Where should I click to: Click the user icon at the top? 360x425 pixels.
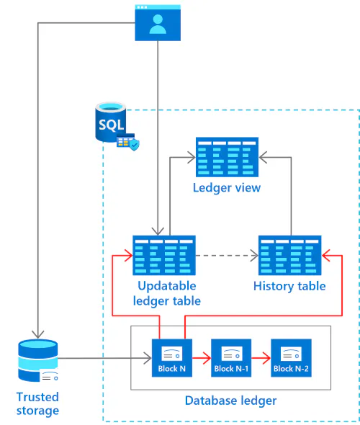(158, 23)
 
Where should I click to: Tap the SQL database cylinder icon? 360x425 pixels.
(110, 122)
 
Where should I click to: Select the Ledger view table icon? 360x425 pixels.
(227, 157)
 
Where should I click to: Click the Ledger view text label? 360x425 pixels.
(227, 187)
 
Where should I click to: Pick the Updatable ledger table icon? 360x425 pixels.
(164, 255)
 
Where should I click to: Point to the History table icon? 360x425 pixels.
(290, 255)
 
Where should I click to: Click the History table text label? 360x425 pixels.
(289, 286)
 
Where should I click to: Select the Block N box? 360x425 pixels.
(172, 358)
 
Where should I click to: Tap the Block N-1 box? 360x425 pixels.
(231, 358)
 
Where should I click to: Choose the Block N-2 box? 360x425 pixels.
(291, 358)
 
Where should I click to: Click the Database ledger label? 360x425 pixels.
(231, 401)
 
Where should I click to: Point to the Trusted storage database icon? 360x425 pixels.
(38, 360)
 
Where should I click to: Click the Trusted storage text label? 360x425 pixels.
(37, 403)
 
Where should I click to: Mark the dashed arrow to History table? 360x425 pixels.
(227, 255)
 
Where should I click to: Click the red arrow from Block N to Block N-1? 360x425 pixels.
(202, 358)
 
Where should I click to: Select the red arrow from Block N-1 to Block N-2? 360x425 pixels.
(261, 358)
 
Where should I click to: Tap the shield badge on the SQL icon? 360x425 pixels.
(134, 145)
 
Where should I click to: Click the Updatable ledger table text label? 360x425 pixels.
(167, 294)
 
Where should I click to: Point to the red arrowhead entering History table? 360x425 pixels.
(326, 255)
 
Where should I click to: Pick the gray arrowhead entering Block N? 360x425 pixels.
(148, 358)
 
